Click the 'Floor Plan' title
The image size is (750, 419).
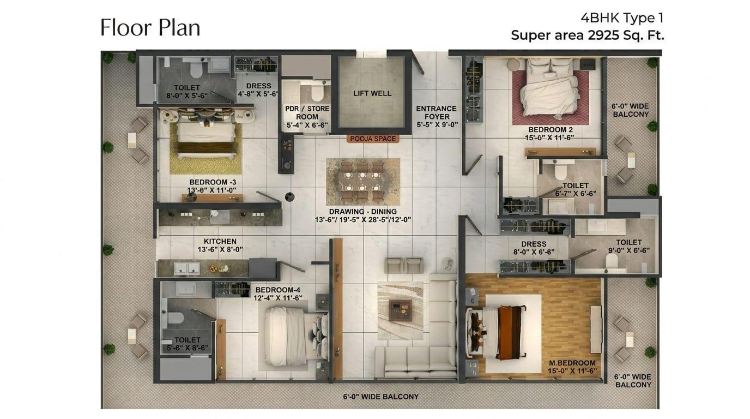pyautogui.click(x=150, y=27)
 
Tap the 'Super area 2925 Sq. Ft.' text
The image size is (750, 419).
pyautogui.click(x=587, y=35)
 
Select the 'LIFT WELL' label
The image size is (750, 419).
pyautogui.click(x=372, y=93)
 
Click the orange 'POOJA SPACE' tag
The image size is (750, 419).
pyautogui.click(x=373, y=139)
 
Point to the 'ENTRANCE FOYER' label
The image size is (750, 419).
pyautogui.click(x=437, y=112)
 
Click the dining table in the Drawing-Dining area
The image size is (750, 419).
pyautogui.click(x=362, y=182)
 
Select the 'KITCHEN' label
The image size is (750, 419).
pyautogui.click(x=220, y=241)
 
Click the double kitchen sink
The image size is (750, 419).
pyautogui.click(x=186, y=268)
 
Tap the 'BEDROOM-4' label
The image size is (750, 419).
pyautogui.click(x=277, y=290)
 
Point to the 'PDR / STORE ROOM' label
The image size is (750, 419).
pyautogui.click(x=307, y=113)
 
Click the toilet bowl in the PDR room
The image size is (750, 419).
pyautogui.click(x=317, y=92)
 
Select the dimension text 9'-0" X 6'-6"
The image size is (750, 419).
pyautogui.click(x=629, y=250)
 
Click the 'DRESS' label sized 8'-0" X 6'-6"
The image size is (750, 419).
pyautogui.click(x=534, y=244)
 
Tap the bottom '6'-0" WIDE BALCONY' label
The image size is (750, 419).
pyautogui.click(x=380, y=397)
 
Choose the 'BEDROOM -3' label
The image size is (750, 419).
pyautogui.click(x=213, y=182)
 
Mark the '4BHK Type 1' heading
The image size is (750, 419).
pyautogui.click(x=622, y=18)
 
